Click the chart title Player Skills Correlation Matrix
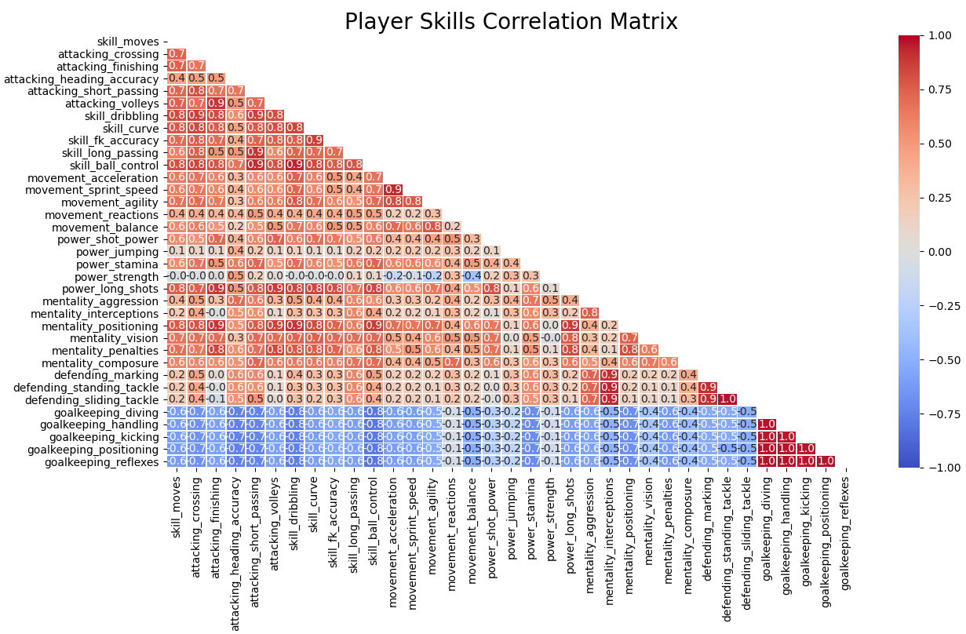point(511,21)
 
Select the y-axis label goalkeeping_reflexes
point(106,461)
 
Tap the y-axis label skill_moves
point(128,42)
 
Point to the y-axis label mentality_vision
point(114,338)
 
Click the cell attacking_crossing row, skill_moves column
point(177,54)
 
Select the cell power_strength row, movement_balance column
point(472,276)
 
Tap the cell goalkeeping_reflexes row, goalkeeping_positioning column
point(825,461)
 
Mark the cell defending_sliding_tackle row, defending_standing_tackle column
point(727,399)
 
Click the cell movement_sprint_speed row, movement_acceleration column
point(394,190)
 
